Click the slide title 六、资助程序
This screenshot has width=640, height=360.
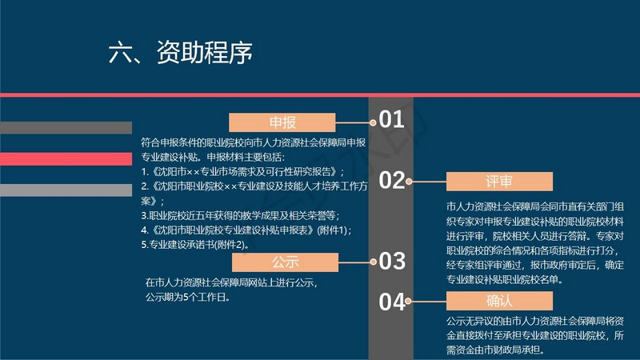[181, 53]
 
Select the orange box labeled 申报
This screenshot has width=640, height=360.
[282, 122]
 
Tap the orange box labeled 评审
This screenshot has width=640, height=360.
[499, 182]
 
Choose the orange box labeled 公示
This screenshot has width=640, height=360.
[285, 262]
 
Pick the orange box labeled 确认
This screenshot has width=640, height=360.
[499, 301]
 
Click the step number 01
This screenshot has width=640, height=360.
[392, 119]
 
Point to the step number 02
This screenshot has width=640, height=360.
[392, 180]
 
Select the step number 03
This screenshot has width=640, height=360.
[392, 261]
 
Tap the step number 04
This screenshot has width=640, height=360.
[392, 302]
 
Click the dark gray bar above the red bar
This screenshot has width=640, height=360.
[66, 128]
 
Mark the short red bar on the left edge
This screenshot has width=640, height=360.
[66, 159]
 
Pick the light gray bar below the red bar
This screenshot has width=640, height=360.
[66, 190]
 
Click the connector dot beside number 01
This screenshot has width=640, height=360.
[373, 122]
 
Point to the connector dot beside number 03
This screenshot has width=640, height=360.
[373, 262]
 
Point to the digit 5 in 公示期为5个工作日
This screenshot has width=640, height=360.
[186, 297]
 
